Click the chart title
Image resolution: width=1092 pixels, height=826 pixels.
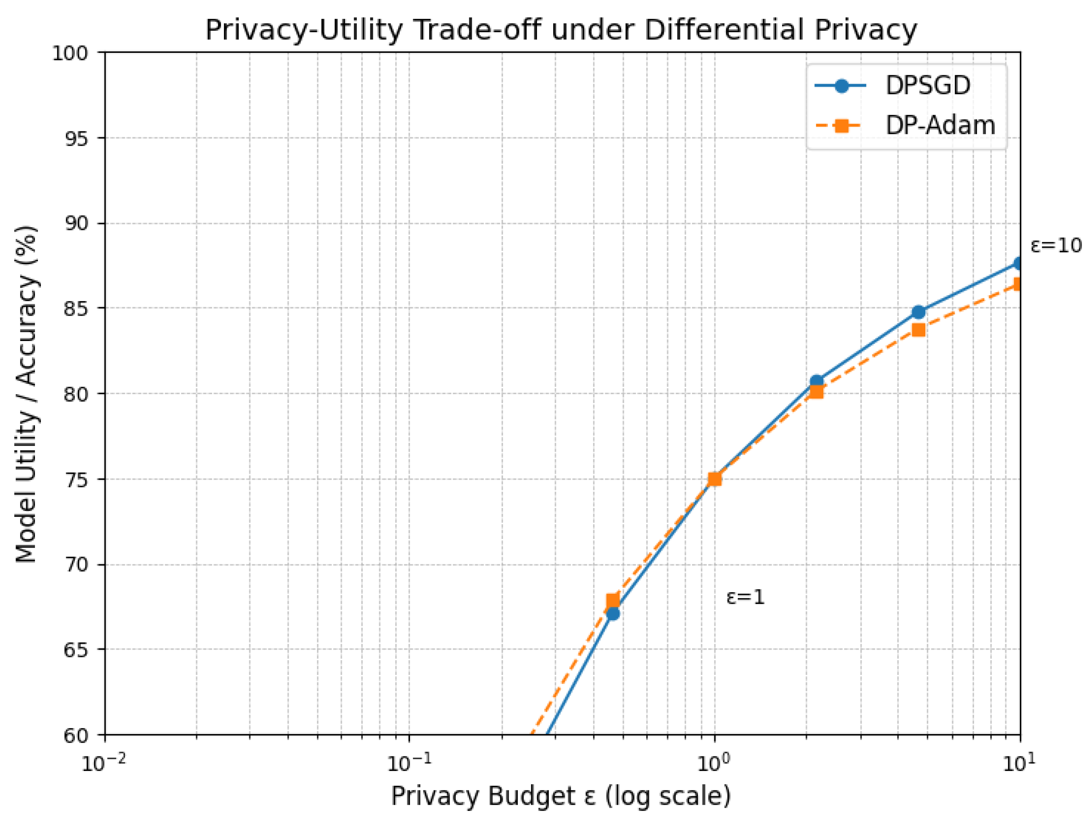pos(561,30)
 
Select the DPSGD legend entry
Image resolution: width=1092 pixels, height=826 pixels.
pos(928,86)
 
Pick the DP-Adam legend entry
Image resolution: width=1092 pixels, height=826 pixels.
pos(939,125)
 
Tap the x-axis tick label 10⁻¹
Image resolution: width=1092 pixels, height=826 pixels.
pos(409,764)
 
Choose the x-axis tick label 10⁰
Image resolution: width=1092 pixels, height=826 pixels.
pos(714,764)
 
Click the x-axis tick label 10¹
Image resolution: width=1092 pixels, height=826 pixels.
pos(1019,764)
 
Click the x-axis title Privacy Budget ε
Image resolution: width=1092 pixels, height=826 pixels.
pos(561,796)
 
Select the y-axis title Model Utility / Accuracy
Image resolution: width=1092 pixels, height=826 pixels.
pos(26,394)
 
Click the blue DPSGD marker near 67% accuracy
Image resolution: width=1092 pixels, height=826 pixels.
pos(613,613)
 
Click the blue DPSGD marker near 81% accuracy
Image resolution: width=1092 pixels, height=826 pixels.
pos(817,381)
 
